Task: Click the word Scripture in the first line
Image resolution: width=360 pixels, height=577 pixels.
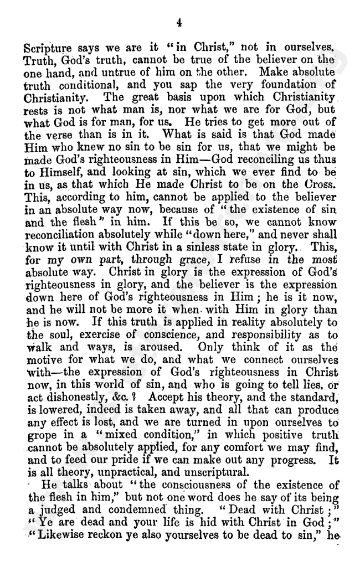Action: [x=47, y=48]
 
